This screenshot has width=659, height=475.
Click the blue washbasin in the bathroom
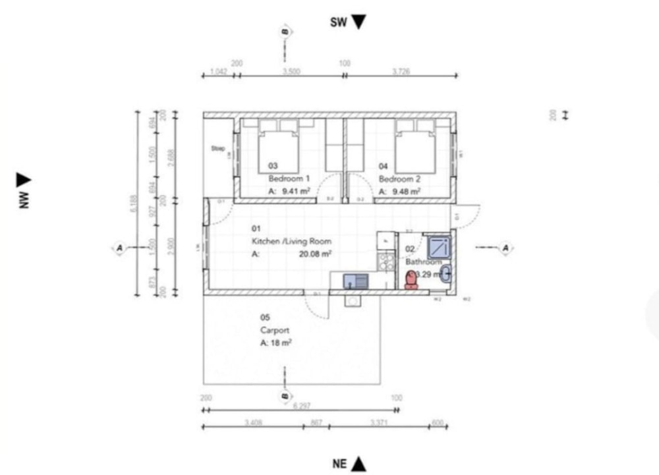click(445, 273)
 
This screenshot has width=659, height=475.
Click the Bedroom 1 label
click(289, 179)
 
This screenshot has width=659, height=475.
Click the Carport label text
click(275, 331)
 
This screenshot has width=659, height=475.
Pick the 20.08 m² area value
click(316, 253)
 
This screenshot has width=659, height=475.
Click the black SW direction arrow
click(358, 22)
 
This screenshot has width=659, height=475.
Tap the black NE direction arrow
click(358, 464)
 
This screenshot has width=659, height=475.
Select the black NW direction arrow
click(24, 179)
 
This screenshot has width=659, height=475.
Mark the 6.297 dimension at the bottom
click(301, 406)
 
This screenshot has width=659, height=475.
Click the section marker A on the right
click(505, 248)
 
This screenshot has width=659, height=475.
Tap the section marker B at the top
click(285, 32)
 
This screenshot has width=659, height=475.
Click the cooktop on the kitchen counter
click(385, 262)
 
